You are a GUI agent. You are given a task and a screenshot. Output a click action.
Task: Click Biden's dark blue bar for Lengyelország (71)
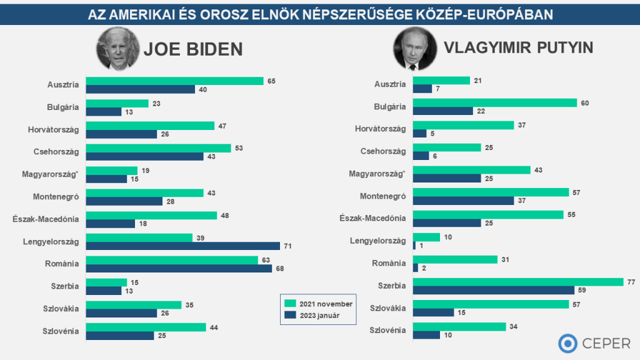pyautogui.click(x=182, y=246)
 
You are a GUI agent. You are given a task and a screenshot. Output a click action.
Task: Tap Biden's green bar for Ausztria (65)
pyautogui.click(x=174, y=81)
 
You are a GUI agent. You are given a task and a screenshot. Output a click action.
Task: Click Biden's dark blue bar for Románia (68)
pyautogui.click(x=179, y=268)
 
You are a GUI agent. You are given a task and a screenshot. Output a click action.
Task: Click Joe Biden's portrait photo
pyautogui.click(x=117, y=48)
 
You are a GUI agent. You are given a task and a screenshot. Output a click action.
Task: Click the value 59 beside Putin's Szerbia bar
pyautogui.click(x=582, y=290)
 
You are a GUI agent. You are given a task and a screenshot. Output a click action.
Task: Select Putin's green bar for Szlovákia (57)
pyautogui.click(x=491, y=304)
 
